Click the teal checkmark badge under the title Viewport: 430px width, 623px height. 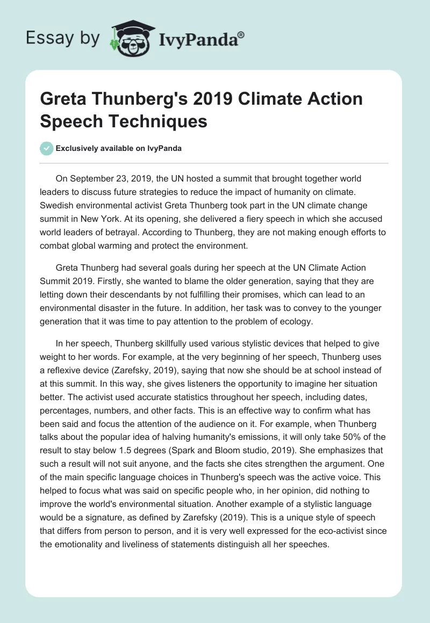47,148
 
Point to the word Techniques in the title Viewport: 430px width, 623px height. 166,121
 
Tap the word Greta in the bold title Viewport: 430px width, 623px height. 63,99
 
